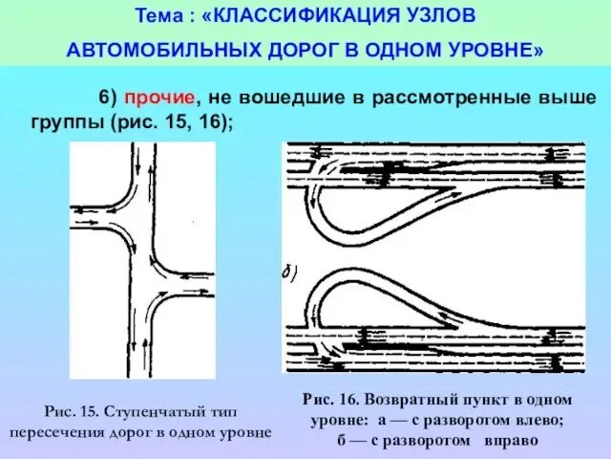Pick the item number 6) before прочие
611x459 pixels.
[107, 98]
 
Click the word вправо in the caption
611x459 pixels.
[513, 441]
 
